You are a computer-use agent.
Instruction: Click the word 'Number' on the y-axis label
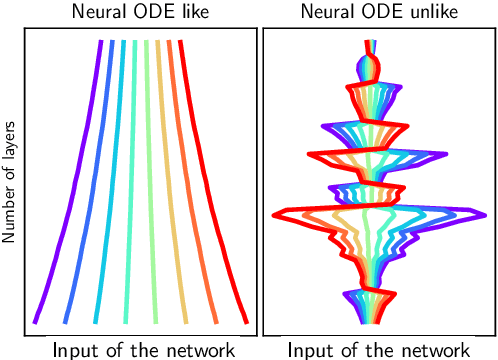(11, 212)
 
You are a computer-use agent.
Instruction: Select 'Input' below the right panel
(309, 349)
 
